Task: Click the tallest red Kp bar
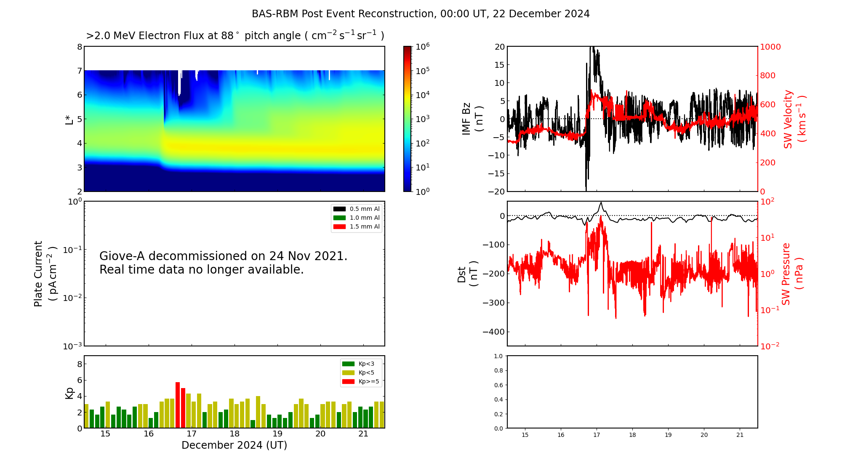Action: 178,405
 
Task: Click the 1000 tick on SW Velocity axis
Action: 770,47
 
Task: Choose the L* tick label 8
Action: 80,47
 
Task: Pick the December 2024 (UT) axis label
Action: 234,445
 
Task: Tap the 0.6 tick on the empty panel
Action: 498,385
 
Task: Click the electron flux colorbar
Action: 407,119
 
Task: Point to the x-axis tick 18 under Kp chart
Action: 234,434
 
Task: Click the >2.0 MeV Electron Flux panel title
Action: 234,36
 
